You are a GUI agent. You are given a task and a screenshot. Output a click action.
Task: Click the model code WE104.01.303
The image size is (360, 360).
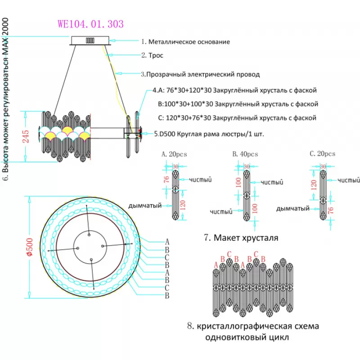90,24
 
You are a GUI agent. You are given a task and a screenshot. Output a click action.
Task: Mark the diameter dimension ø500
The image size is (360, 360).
29,247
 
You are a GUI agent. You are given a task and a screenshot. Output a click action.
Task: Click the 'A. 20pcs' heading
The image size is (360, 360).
174,154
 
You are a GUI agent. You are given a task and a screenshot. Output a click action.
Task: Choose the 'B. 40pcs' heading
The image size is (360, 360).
245,154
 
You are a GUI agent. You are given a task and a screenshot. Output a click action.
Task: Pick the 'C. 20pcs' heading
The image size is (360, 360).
323,154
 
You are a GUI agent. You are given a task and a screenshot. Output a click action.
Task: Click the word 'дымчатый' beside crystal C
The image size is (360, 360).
292,209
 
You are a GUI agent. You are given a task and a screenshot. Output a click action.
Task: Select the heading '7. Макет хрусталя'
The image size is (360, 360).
241,237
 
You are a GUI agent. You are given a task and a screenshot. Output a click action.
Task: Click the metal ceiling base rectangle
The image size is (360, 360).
91,40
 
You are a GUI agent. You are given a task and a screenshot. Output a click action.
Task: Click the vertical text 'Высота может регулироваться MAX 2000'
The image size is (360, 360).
6,99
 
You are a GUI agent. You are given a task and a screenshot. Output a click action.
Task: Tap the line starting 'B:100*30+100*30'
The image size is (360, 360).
238,104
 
